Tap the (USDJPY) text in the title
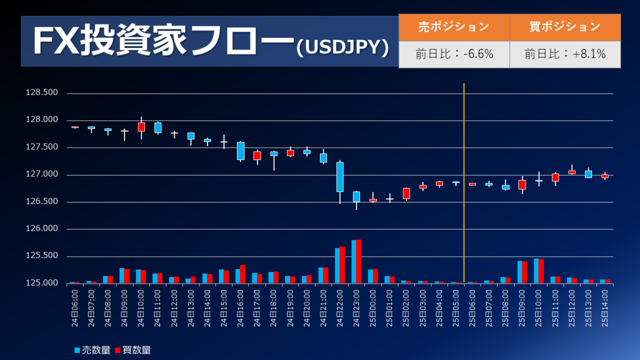341,48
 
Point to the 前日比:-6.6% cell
454,54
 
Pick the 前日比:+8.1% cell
565,54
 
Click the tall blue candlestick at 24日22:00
340,177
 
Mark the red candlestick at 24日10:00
141,127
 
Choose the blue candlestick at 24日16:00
241,151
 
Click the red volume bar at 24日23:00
358,261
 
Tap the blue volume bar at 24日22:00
337,266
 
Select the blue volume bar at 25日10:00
537,271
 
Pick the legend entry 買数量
133,350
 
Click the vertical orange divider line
464,160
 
